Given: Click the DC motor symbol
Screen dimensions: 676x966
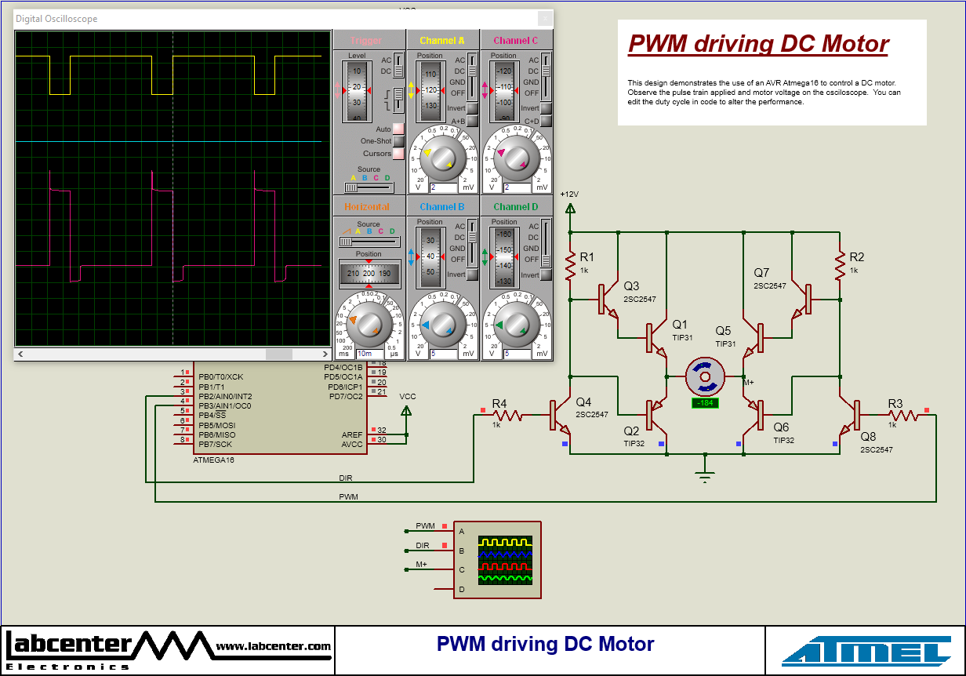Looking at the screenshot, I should (704, 377).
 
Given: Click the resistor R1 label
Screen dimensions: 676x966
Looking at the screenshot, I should (587, 256).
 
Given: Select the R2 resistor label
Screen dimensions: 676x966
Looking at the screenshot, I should (856, 256).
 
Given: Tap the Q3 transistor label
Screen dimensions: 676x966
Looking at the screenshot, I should (631, 286).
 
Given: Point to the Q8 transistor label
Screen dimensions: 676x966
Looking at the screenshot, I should (868, 437).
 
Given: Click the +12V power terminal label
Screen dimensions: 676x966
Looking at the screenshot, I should (570, 194).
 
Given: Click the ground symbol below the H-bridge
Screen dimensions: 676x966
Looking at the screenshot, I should (704, 476).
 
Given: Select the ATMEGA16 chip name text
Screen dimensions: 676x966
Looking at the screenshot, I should (213, 460).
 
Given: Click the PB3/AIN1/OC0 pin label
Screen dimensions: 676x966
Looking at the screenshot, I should (225, 406).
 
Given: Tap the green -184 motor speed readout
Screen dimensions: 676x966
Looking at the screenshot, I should (704, 403).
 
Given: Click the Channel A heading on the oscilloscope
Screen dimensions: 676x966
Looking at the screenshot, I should (441, 41).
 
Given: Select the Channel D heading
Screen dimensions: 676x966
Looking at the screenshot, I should (516, 207).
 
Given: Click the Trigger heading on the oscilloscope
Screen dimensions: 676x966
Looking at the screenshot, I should (366, 41).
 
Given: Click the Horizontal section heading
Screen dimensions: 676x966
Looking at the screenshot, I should (366, 207).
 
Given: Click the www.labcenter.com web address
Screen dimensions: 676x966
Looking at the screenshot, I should (273, 646).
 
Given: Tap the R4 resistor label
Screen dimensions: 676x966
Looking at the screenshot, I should (499, 403).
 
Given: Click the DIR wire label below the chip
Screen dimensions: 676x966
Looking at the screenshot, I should (346, 478).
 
